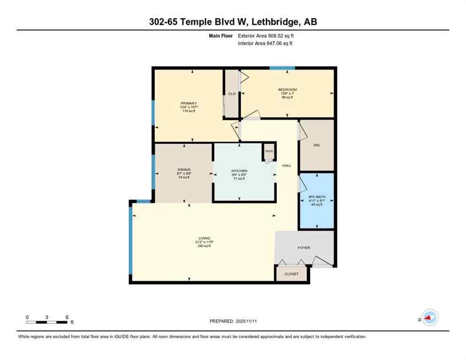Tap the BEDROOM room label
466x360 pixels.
point(287,90)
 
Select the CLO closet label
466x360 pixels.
point(232,94)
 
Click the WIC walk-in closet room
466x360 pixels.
point(316,145)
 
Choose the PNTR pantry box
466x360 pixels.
point(269,151)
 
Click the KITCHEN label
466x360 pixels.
point(239,171)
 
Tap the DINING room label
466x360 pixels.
point(184,170)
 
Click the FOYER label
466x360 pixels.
point(304,247)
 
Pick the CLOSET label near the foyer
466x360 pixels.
point(291,274)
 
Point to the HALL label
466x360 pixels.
point(286,165)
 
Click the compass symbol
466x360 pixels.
point(429,318)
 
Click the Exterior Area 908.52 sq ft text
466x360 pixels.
point(266,36)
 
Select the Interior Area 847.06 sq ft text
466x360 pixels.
point(265,44)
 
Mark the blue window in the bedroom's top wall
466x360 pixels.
point(282,68)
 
